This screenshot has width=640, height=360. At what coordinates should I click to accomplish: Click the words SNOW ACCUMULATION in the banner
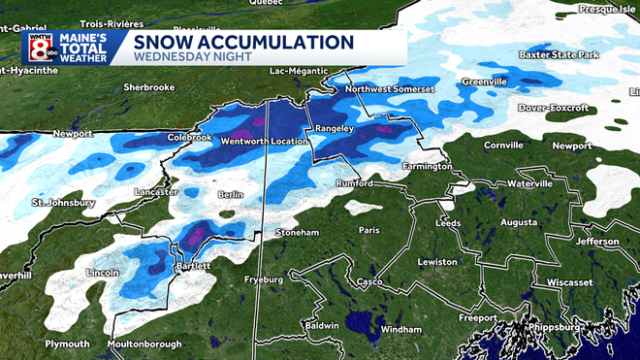pos(242,43)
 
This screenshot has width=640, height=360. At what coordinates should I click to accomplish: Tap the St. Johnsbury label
pos(63,203)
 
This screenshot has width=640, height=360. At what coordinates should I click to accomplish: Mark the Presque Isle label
pos(605,8)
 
